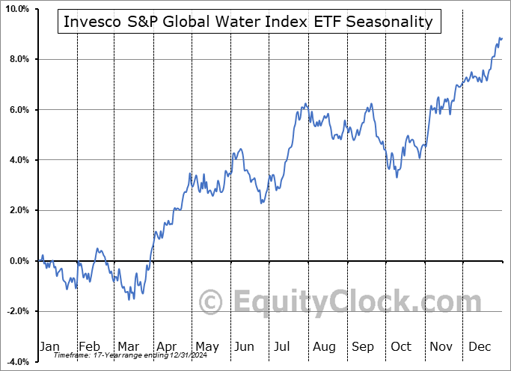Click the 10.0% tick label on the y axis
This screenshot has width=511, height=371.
click(15, 8)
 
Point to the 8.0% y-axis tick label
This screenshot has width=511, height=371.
click(16, 59)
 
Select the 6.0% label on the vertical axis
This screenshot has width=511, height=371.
click(16, 110)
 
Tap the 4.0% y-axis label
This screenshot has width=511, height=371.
click(16, 160)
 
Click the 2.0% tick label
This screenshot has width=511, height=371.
click(16, 211)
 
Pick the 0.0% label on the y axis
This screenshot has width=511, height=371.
click(16, 261)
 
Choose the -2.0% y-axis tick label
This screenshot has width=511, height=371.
click(16, 312)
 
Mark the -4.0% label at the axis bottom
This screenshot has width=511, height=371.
click(16, 362)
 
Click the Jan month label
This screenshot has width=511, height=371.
click(49, 346)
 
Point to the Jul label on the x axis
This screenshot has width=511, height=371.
click(283, 346)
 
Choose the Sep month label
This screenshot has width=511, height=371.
click(363, 346)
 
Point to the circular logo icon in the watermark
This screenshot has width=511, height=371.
click(212, 303)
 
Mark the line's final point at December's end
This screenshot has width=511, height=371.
click(501, 38)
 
